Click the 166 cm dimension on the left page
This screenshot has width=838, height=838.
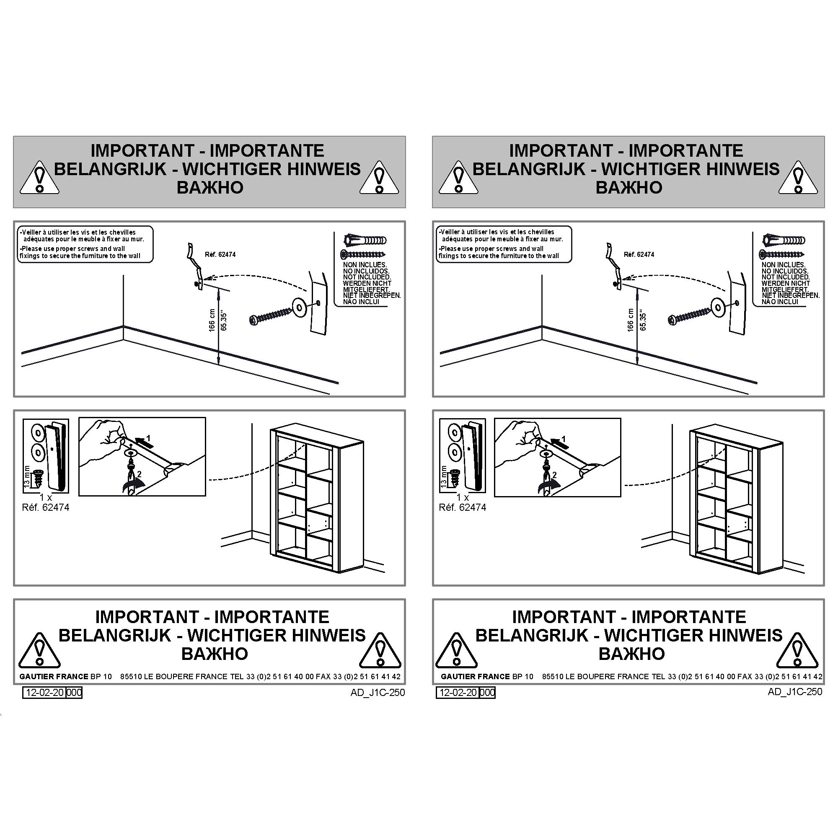click(212, 320)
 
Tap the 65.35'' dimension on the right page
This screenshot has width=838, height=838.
click(643, 321)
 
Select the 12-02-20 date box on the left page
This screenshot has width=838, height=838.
click(44, 692)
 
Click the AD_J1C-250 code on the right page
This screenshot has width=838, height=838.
click(795, 691)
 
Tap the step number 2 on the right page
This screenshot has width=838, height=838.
click(554, 475)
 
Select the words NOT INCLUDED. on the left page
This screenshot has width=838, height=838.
click(367, 277)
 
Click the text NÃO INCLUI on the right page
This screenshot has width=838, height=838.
click(780, 301)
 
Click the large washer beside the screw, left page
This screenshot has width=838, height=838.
click(299, 306)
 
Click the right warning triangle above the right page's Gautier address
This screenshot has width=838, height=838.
click(797, 650)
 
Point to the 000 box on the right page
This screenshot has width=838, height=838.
click(488, 692)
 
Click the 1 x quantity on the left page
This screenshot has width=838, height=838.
click(46, 497)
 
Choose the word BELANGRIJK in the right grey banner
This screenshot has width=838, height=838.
click(529, 169)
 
